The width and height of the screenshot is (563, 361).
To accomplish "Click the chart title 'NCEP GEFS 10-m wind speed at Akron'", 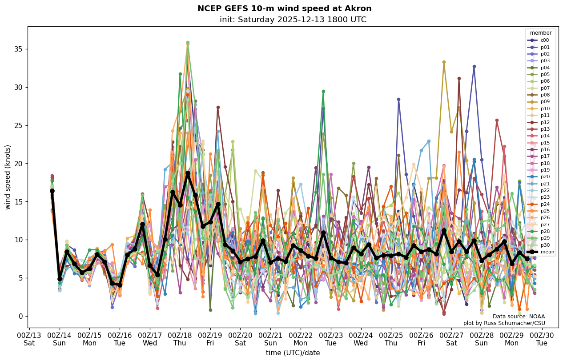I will coord(284,8).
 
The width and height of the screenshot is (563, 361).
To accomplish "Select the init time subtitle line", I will coord(293,20).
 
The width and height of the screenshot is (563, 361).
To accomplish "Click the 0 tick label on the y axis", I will coord(20,316).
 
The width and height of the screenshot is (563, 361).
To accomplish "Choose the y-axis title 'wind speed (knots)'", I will coord(8,177).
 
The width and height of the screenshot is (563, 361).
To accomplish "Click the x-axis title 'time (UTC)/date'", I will coord(293,353).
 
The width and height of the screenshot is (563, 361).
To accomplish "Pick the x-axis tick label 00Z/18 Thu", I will coord(180,339).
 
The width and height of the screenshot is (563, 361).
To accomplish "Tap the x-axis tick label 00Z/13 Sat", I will coord(29,339).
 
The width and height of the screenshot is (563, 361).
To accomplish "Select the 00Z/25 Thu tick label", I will coord(391,339).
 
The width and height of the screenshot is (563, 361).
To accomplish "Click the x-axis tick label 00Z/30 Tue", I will coord(542,339).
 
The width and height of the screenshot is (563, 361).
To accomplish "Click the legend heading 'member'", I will coord(541,33).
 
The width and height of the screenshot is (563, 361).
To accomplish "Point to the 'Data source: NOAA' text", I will coord(519,317).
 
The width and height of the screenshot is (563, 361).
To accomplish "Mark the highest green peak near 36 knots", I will coord(188,43).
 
